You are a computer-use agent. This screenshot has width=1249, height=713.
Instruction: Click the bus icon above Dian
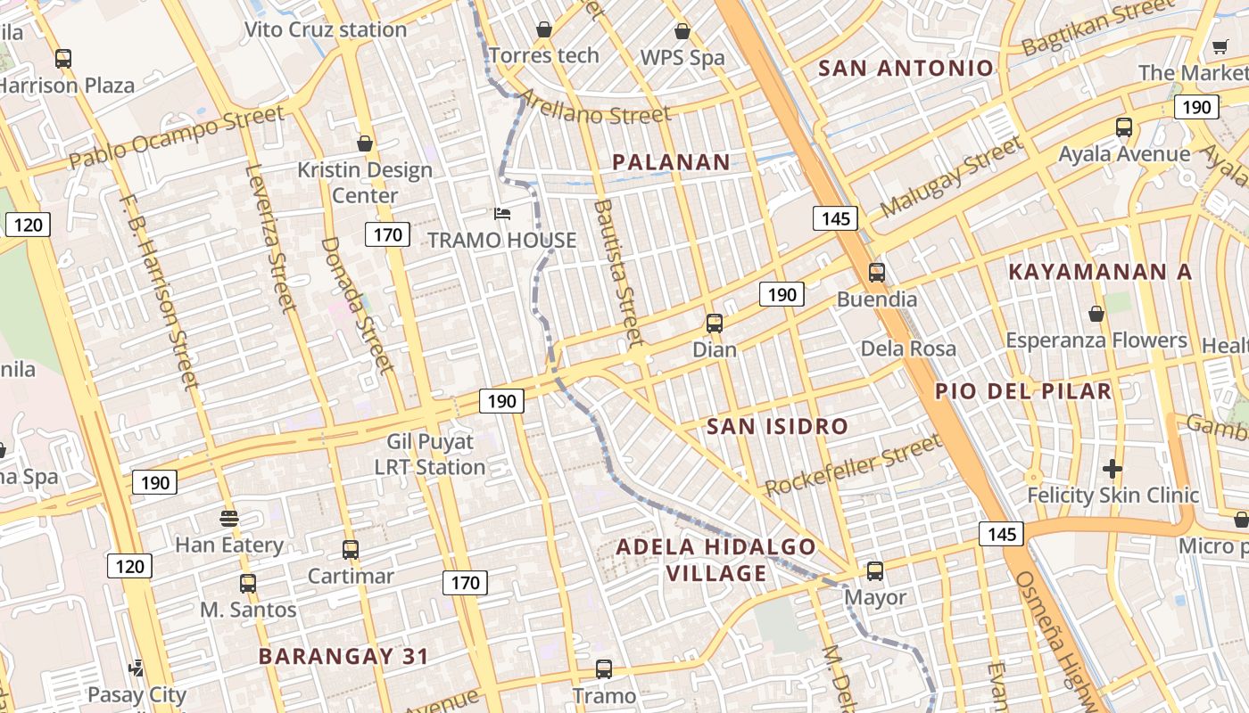pyautogui.click(x=714, y=324)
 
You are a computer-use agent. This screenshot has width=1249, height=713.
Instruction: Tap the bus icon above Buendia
pyautogui.click(x=876, y=273)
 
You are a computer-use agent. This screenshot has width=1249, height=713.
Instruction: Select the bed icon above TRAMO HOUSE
pyautogui.click(x=502, y=214)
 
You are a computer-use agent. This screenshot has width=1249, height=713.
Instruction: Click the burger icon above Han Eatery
pyautogui.click(x=229, y=518)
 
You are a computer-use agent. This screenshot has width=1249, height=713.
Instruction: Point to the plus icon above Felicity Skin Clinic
pyautogui.click(x=1112, y=468)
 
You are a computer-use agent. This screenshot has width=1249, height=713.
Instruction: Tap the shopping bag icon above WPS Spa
pyautogui.click(x=682, y=31)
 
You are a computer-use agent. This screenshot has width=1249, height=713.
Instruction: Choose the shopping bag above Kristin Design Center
pyautogui.click(x=364, y=143)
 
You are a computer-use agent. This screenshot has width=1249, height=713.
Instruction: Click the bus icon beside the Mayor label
pyautogui.click(x=874, y=570)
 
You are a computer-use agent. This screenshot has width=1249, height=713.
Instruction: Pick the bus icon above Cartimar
pyautogui.click(x=351, y=549)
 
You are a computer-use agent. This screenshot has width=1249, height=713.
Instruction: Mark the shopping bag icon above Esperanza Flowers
pyautogui.click(x=1096, y=314)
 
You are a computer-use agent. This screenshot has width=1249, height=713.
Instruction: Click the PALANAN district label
pyautogui.click(x=671, y=162)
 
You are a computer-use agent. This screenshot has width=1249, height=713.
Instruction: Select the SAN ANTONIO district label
pyautogui.click(x=906, y=68)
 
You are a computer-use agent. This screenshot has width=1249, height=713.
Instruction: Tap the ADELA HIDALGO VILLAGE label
pyautogui.click(x=716, y=560)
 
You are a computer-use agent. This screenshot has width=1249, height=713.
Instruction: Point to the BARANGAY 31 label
pyautogui.click(x=343, y=657)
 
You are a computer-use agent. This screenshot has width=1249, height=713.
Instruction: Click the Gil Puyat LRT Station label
pyautogui.click(x=430, y=454)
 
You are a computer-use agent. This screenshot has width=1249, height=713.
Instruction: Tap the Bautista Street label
pyautogui.click(x=617, y=273)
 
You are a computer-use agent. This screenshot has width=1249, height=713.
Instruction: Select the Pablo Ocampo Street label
pyautogui.click(x=177, y=137)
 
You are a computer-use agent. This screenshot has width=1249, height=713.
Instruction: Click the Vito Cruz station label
pyautogui.click(x=326, y=29)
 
